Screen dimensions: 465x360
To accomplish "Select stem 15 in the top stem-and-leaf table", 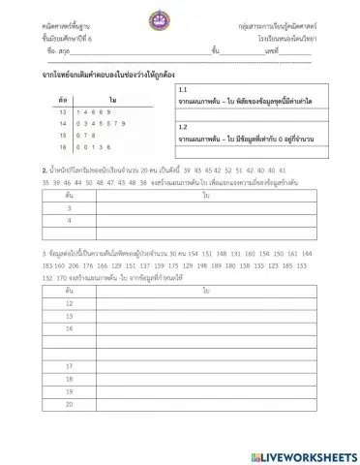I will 63,162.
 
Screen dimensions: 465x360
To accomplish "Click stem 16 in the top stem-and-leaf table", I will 63,174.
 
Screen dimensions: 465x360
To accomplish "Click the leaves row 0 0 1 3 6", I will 98,174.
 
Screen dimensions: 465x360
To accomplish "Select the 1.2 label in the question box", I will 183,126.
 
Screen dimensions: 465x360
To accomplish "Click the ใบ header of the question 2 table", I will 206,195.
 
